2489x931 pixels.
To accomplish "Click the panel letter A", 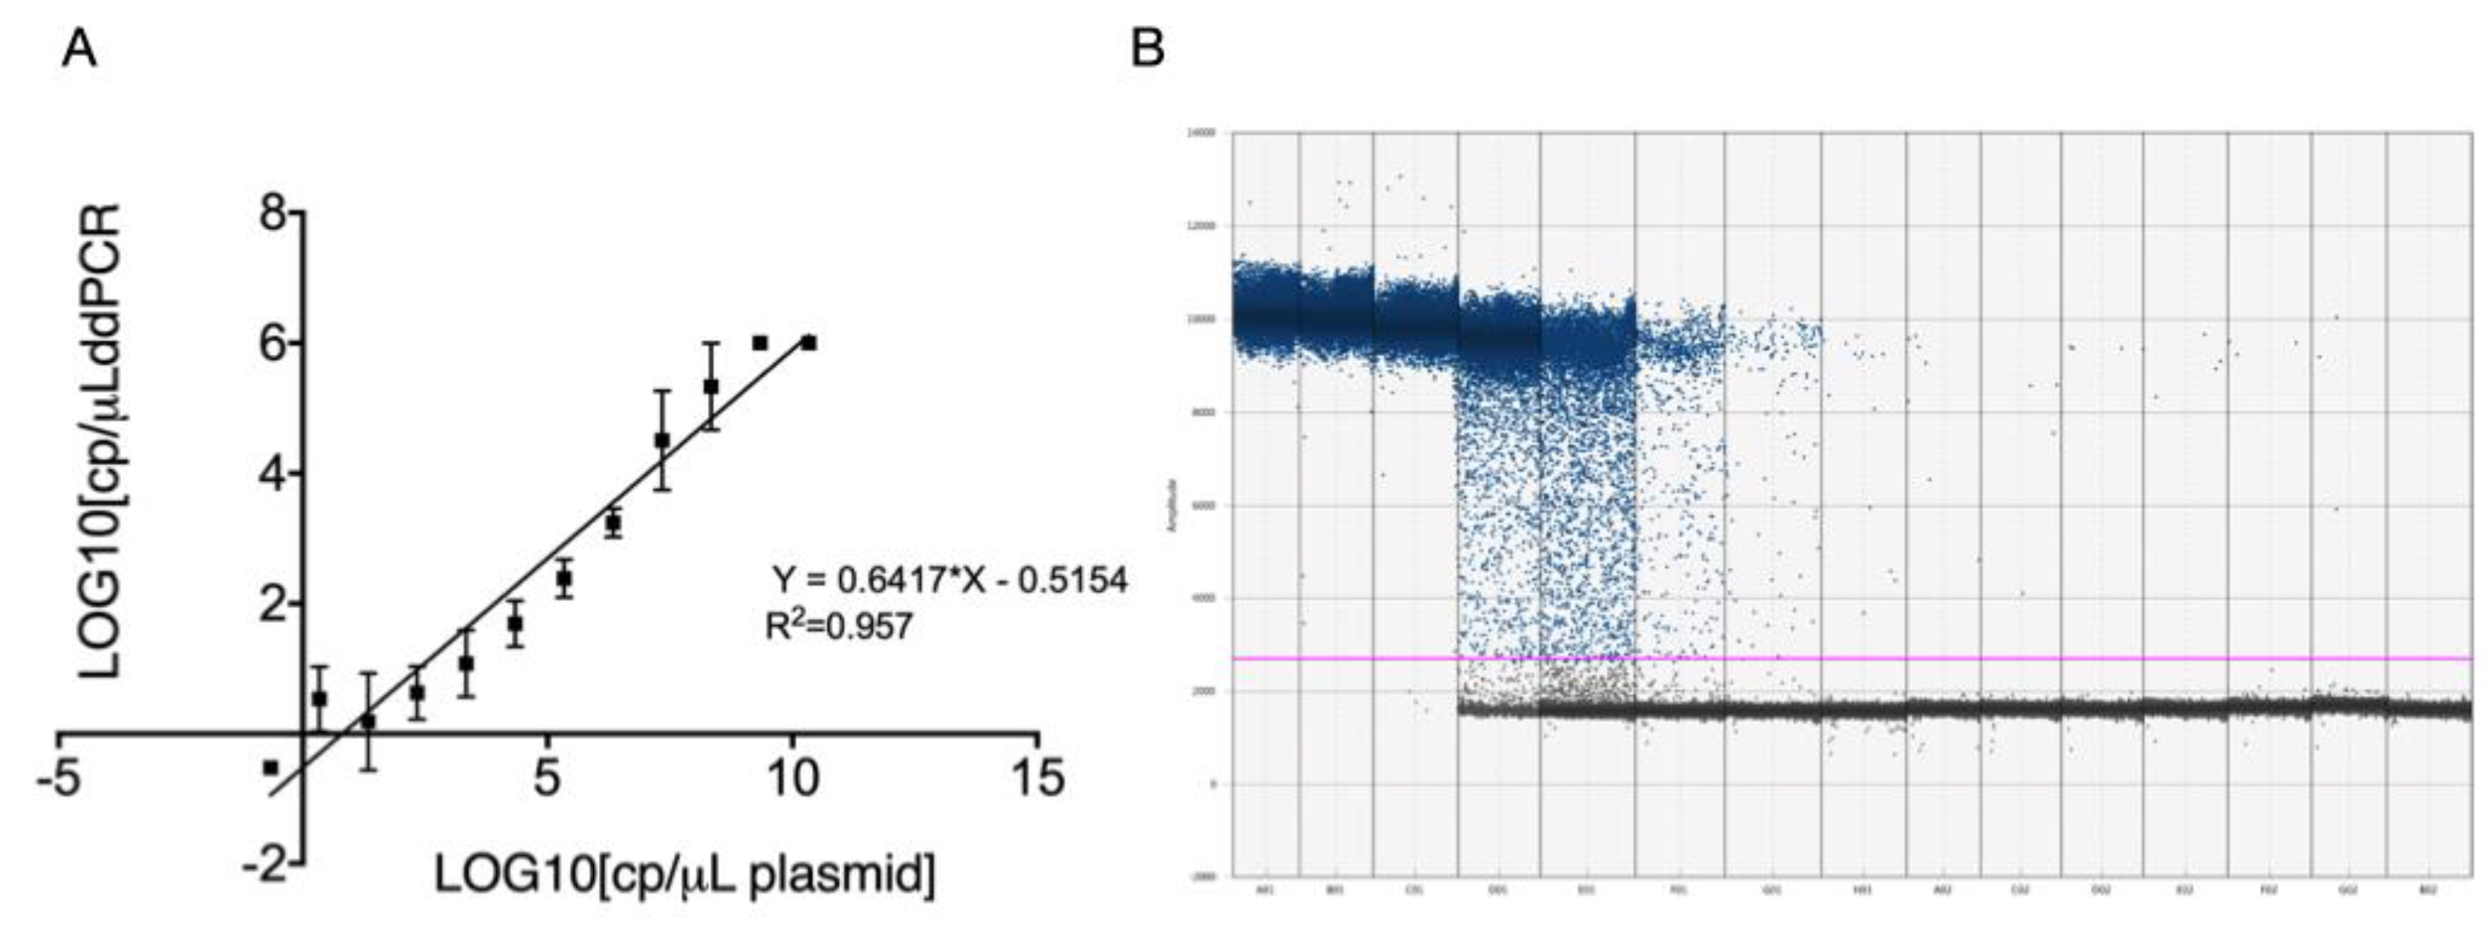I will (x=80, y=47).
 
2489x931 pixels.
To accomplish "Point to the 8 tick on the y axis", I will (x=275, y=214).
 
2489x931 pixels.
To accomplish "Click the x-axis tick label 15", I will (x=1038, y=779).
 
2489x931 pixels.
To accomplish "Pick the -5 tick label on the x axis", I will (x=58, y=779).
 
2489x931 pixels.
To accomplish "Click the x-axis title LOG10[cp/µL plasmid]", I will (x=684, y=874).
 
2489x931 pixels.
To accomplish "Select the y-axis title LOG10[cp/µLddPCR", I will (x=101, y=440).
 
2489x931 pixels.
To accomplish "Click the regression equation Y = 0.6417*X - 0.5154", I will (x=949, y=579).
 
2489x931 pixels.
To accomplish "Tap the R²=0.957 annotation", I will (x=838, y=626).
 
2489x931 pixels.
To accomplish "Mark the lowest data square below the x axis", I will (x=271, y=767).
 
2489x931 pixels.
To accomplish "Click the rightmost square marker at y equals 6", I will (x=809, y=342).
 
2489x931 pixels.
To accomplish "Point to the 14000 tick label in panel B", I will (x=1202, y=133).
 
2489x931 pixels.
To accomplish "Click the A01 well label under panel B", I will (x=1264, y=890).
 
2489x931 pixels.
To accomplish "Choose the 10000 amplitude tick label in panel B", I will (x=1202, y=319).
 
